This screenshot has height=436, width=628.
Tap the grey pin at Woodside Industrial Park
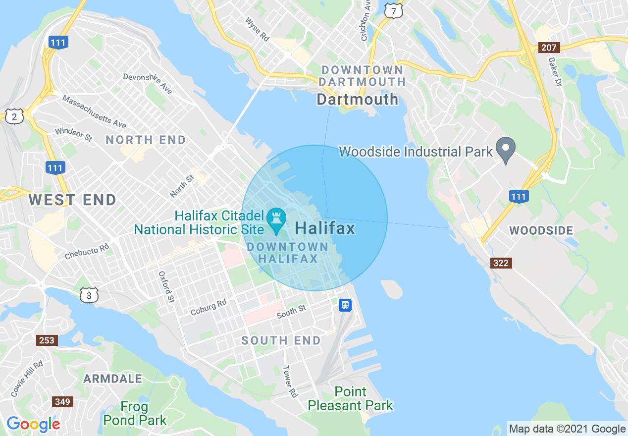[506, 149]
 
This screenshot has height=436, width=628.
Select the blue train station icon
[345, 305]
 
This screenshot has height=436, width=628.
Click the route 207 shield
[549, 48]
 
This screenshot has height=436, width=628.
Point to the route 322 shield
[501, 263]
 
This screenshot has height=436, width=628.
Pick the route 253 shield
[47, 340]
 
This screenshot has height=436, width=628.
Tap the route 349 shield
[63, 401]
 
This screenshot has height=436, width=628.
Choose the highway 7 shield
[393, 10]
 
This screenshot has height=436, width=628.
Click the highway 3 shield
[89, 296]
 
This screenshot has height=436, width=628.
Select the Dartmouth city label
[357, 99]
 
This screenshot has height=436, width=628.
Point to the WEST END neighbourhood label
[72, 200]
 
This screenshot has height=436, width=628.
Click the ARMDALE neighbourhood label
[112, 379]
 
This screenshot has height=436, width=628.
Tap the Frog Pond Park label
[135, 414]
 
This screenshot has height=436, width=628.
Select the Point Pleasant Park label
[350, 398]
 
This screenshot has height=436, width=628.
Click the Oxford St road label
[166, 287]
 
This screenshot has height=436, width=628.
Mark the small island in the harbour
[392, 289]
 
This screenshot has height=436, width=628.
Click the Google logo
[33, 424]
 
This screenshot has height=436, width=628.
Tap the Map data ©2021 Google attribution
[568, 429]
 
